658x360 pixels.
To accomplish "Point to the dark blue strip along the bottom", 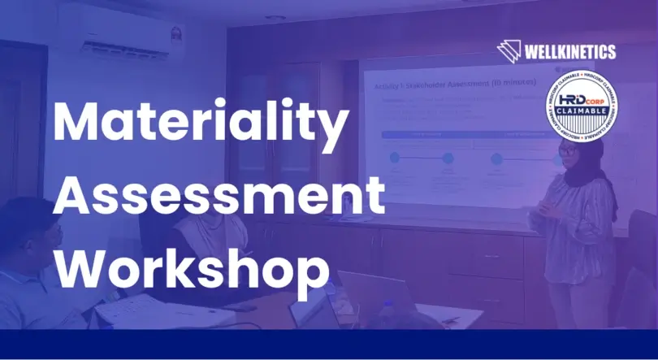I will click(x=329, y=345).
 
